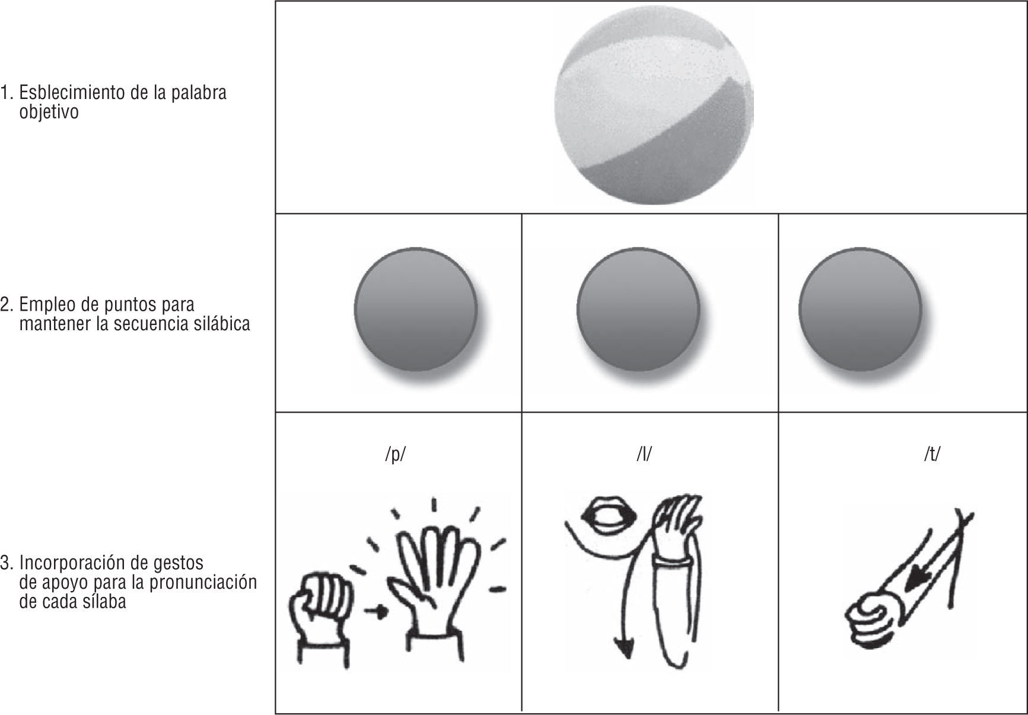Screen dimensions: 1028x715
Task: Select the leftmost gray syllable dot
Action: coord(416,310)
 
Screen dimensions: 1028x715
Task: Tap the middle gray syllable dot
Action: coord(638,310)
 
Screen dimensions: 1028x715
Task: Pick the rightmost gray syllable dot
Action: coord(861,310)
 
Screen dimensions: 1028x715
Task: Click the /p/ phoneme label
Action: coord(396,454)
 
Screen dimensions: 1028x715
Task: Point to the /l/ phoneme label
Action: coord(644,454)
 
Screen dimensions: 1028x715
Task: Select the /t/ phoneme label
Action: coord(932,454)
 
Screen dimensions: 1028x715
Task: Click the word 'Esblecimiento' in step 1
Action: coord(77,93)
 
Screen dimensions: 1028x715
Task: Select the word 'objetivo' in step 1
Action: coord(49,113)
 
